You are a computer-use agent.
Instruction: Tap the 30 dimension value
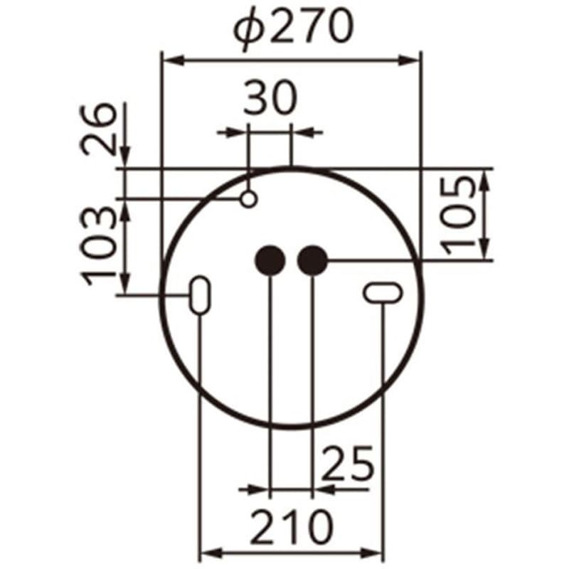pyautogui.click(x=270, y=100)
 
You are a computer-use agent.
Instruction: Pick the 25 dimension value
pyautogui.click(x=348, y=464)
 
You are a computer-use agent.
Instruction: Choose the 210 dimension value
pyautogui.click(x=292, y=526)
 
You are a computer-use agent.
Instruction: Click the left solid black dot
pyautogui.click(x=270, y=261)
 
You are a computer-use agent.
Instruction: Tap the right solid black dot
pyautogui.click(x=312, y=261)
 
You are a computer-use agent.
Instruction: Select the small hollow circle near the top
pyautogui.click(x=248, y=199)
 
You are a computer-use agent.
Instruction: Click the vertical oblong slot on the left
pyautogui.click(x=200, y=294)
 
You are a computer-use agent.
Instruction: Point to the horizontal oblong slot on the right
pyautogui.click(x=383, y=292)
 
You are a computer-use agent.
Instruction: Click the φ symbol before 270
pyautogui.click(x=250, y=30)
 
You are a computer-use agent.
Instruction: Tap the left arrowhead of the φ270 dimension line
pyautogui.click(x=171, y=61)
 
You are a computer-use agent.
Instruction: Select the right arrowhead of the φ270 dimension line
pyautogui.click(x=412, y=61)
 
